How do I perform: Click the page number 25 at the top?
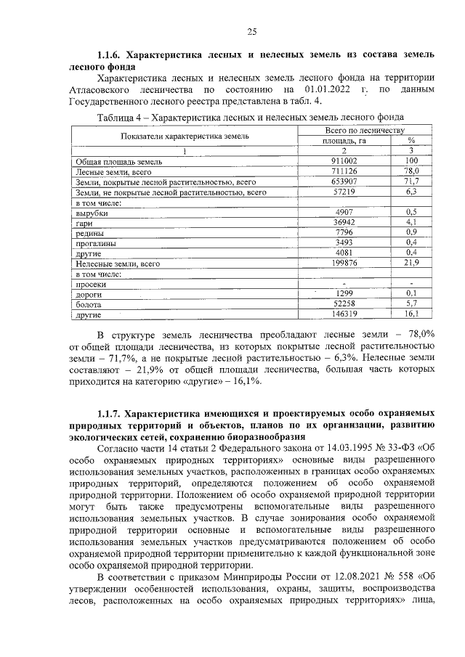pyautogui.click(x=252, y=30)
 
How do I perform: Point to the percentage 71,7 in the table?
pyautogui.click(x=412, y=181)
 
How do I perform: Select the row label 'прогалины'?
pyautogui.click(x=96, y=244)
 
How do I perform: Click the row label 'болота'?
pyautogui.click(x=89, y=306)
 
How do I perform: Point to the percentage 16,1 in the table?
pyautogui.click(x=412, y=316)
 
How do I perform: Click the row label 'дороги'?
pyautogui.click(x=89, y=295)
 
